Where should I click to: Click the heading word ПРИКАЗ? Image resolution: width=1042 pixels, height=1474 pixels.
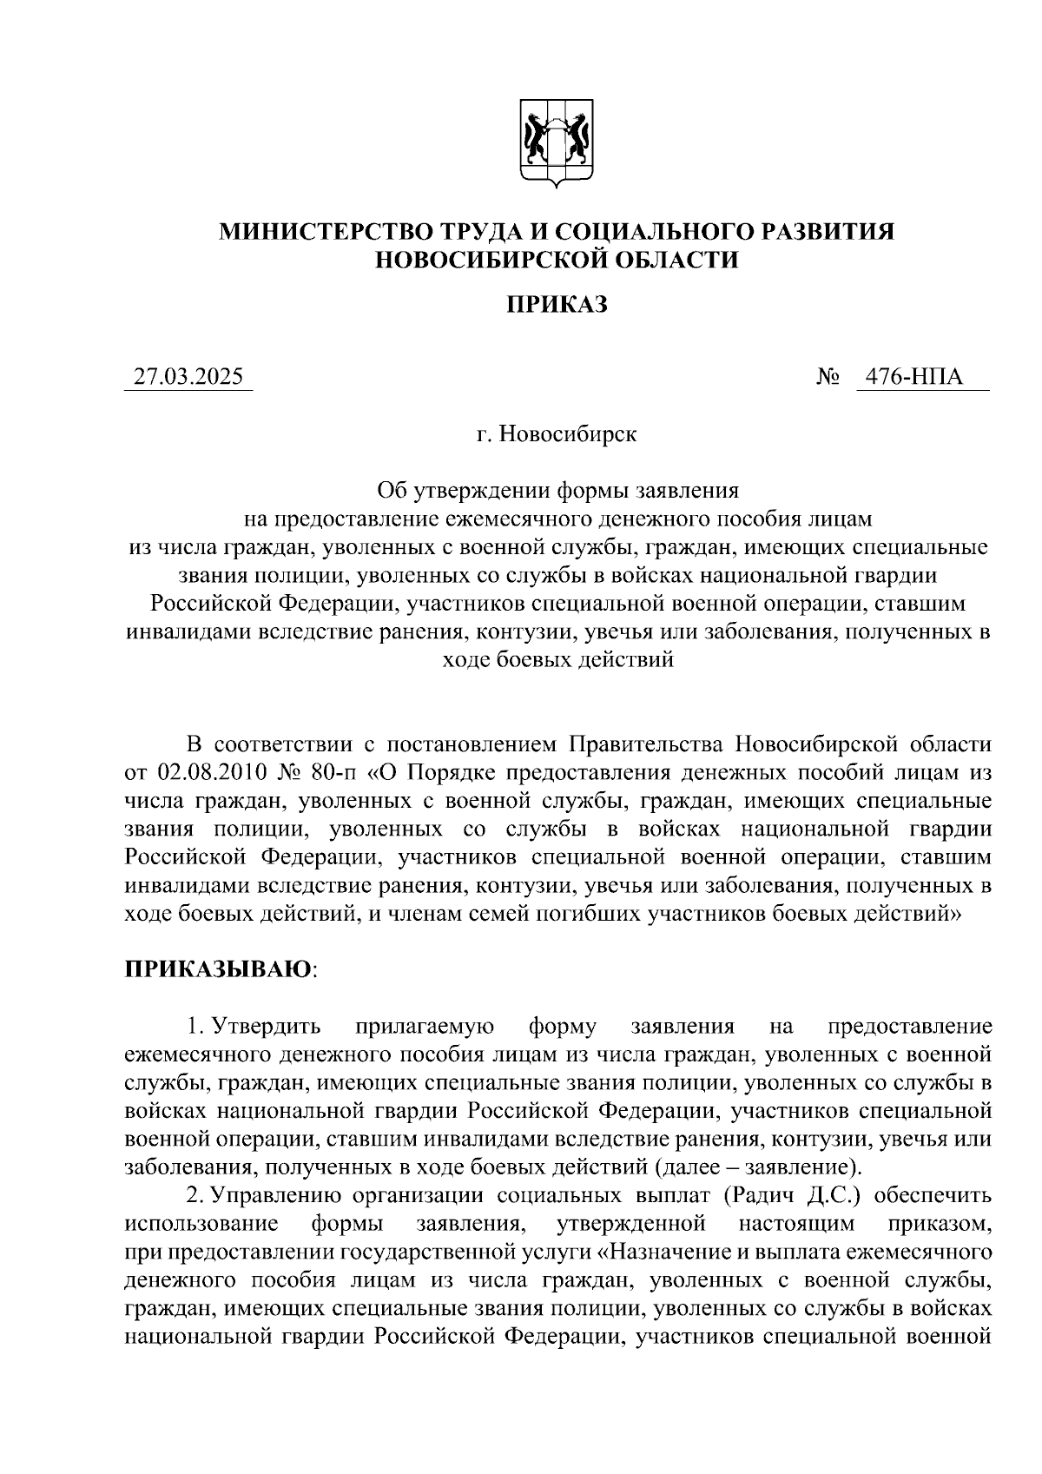point(557,305)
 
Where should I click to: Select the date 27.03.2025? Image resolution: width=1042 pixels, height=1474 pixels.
point(188,378)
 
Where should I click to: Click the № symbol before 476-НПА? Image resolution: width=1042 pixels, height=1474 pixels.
point(828,378)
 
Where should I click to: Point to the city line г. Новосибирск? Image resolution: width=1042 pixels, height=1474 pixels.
point(557,433)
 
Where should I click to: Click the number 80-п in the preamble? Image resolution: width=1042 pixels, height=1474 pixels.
point(338,773)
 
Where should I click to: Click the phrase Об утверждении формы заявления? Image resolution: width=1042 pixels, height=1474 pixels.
point(557,491)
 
